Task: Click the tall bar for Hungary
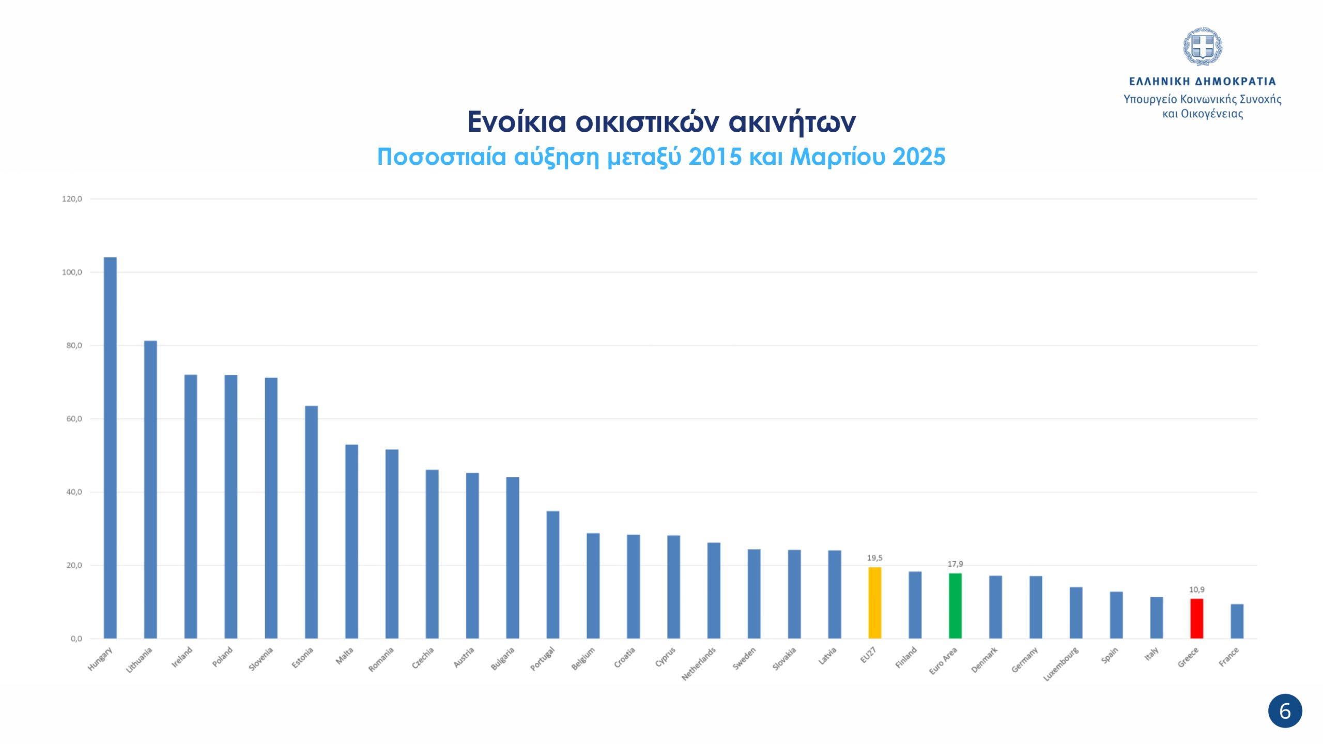pyautogui.click(x=110, y=447)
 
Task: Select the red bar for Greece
pyautogui.click(x=1197, y=618)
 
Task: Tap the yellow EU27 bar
pyautogui.click(x=874, y=603)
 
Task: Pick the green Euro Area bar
pyautogui.click(x=955, y=606)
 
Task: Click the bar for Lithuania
pyautogui.click(x=150, y=489)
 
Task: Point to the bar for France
pyautogui.click(x=1237, y=621)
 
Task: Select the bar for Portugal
pyautogui.click(x=553, y=575)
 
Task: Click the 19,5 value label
pyautogui.click(x=874, y=558)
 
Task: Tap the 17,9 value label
pyautogui.click(x=955, y=564)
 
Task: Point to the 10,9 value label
pyautogui.click(x=1197, y=590)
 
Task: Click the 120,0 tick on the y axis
pyautogui.click(x=72, y=199)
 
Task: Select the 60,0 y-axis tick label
pyautogui.click(x=74, y=419)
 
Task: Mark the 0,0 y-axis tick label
pyautogui.click(x=76, y=639)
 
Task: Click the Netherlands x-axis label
pyautogui.click(x=699, y=664)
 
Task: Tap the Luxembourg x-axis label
pyautogui.click(x=1061, y=664)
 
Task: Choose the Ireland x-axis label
pyautogui.click(x=182, y=657)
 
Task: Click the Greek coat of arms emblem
pyautogui.click(x=1203, y=47)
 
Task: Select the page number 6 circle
pyautogui.click(x=1285, y=711)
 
